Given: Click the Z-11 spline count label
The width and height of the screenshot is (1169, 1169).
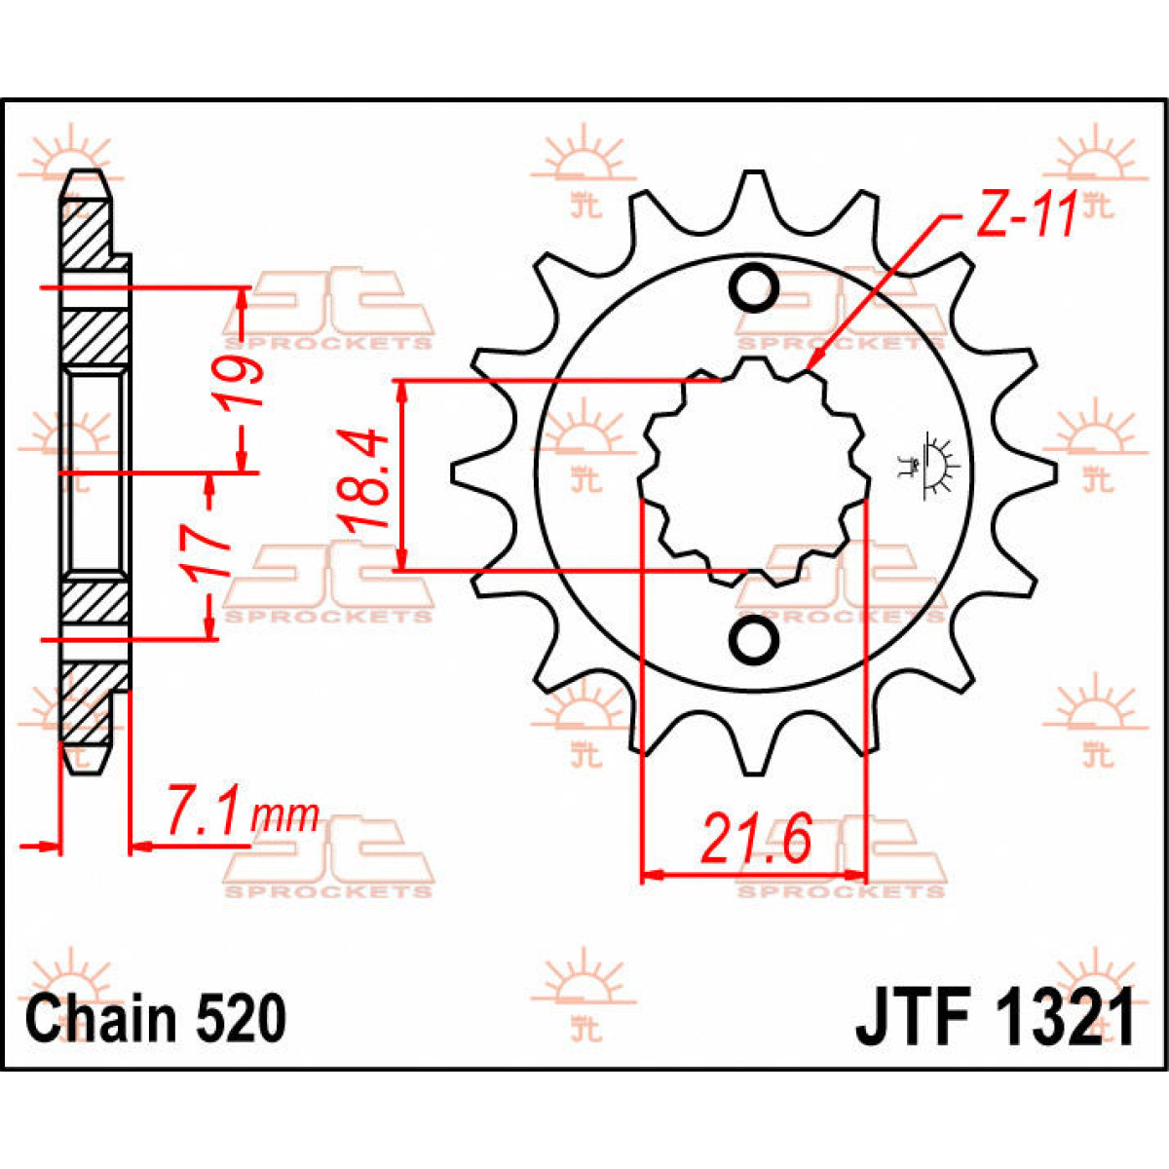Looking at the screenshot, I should coord(1025,215).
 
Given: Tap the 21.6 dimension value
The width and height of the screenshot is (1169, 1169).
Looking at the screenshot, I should coord(756,840).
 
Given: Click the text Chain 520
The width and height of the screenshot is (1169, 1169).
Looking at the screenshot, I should coord(156,1019).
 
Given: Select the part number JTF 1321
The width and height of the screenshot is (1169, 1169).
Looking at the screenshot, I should coord(995,1019).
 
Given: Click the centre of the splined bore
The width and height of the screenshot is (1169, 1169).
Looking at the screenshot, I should coord(753,473).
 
